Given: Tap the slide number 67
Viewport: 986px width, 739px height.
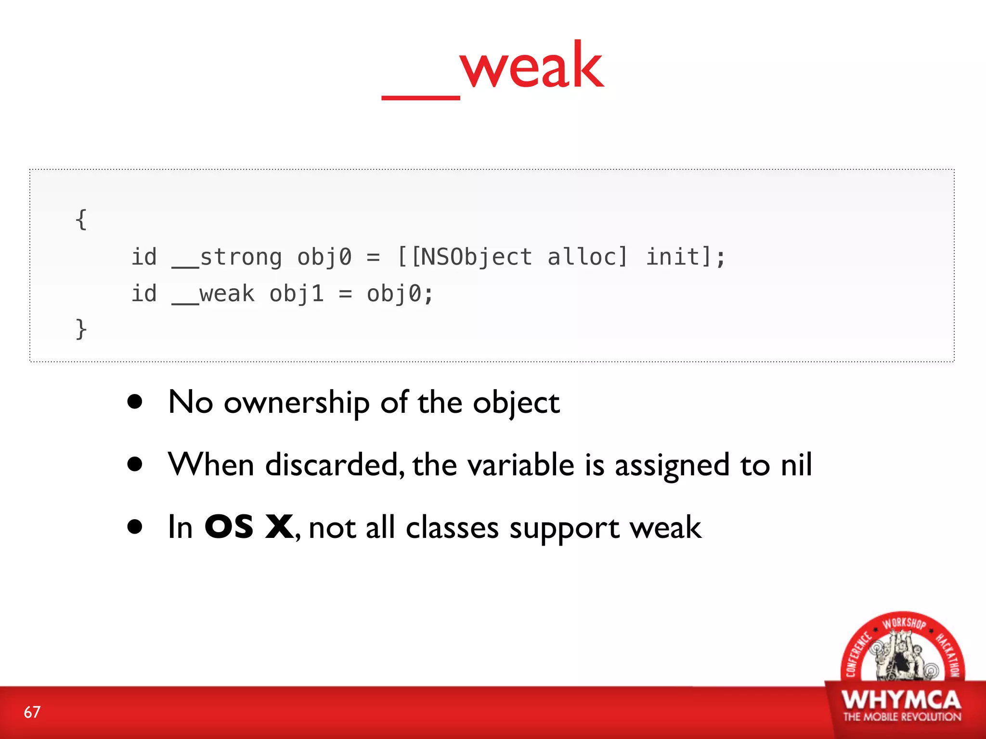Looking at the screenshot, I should [x=32, y=712].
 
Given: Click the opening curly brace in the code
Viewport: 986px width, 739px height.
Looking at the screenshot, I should [x=81, y=219].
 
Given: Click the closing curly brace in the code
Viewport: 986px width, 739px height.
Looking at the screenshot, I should [x=81, y=329].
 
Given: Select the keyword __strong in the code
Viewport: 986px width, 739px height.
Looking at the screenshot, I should [x=227, y=257].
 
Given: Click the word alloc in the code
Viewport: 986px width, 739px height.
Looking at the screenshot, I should [x=587, y=256].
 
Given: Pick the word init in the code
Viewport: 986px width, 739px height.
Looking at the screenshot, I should [x=672, y=256].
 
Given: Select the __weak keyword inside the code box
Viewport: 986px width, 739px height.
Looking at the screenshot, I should [x=213, y=294].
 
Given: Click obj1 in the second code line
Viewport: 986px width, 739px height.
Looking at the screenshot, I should [x=296, y=294].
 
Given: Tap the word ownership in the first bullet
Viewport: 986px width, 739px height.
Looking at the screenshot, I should [x=297, y=403].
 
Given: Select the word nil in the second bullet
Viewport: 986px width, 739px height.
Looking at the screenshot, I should [x=796, y=465].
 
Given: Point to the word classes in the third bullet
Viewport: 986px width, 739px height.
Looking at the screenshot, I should [x=452, y=528].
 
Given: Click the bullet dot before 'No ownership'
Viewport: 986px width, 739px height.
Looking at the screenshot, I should [x=135, y=402].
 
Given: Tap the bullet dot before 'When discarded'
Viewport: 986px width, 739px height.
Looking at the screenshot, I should [x=135, y=464].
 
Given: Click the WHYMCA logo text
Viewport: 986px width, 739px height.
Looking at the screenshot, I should [x=901, y=700].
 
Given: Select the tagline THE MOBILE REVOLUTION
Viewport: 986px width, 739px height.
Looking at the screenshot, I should [x=902, y=717].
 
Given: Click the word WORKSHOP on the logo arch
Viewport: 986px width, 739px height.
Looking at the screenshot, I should [x=904, y=624].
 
